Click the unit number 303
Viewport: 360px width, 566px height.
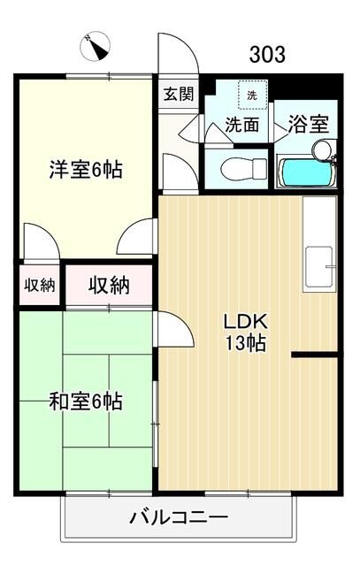(266, 54)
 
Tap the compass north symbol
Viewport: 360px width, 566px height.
(94, 44)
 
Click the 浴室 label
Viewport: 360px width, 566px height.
(308, 126)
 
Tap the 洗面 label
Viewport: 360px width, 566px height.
(241, 126)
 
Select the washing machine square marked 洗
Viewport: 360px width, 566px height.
(251, 95)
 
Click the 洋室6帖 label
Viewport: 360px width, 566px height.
(85, 170)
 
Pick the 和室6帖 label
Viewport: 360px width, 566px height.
(85, 402)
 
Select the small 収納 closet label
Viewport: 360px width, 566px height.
(39, 285)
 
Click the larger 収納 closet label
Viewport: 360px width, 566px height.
(109, 285)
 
